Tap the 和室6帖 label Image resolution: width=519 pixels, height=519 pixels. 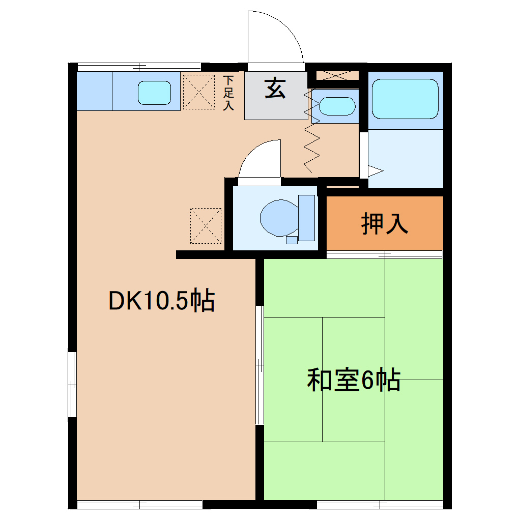click(353, 380)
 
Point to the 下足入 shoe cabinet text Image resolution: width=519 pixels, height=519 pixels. click(228, 93)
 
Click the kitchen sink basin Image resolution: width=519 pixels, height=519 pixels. click(154, 92)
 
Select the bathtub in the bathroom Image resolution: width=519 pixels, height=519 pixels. click(405, 99)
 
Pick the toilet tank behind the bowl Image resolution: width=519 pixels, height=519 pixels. click(307, 217)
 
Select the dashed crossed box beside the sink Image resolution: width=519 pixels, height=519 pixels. click(198, 92)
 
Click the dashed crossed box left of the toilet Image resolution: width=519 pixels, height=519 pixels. click(206, 225)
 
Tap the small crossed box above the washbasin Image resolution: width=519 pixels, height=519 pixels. click(337, 76)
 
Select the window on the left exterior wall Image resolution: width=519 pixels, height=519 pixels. click(73, 384)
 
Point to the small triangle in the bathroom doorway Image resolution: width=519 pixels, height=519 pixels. click(375, 170)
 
